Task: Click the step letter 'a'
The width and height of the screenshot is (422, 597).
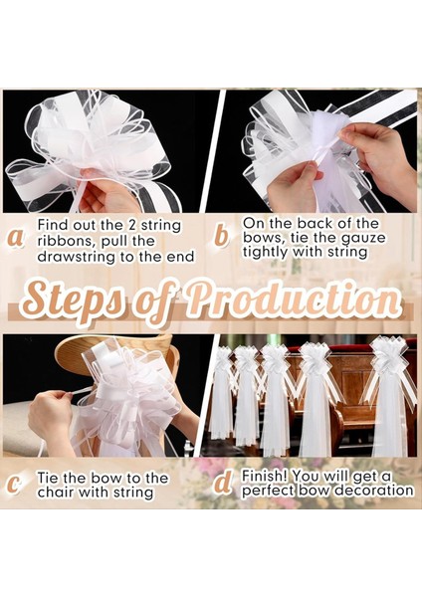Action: point(16,239)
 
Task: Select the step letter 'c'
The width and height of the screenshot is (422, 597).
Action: point(14,486)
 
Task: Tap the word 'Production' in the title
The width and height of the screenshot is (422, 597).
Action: point(293,297)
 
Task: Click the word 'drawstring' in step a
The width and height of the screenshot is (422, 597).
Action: point(77,257)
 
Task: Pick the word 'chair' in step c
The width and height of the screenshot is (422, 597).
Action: point(56,493)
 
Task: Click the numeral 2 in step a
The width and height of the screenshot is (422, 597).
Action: point(130,225)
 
